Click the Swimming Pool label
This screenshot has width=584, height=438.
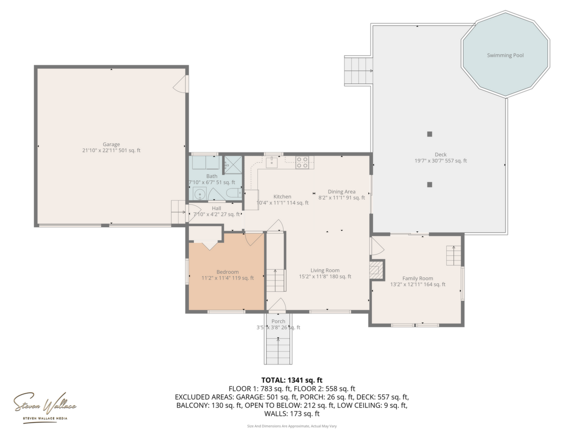pos(505,55)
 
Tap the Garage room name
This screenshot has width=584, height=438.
pos(111,144)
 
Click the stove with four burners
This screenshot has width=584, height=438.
pos(302,162)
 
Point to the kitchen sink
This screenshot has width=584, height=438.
pos(271,162)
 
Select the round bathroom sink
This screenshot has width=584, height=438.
pos(199,194)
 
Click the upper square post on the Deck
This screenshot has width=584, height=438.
pos(429,134)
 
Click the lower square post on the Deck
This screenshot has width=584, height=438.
pos(429,185)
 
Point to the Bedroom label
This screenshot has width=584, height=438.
pos(228,272)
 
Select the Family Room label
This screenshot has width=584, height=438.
pos(417,278)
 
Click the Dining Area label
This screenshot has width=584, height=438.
pos(342,192)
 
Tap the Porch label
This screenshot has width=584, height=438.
pos(278,321)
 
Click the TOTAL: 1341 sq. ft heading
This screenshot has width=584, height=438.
pos(292,380)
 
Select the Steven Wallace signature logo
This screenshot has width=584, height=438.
pos(45,406)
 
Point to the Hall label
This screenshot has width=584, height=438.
pos(216,208)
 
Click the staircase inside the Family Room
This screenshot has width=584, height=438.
pos(454,255)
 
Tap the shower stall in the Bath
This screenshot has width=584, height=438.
pos(233,165)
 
